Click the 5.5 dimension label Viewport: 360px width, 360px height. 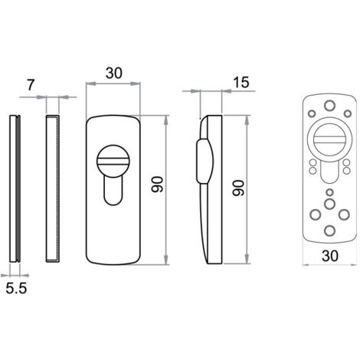(x=16, y=288)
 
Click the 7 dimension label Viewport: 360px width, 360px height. (x=30, y=85)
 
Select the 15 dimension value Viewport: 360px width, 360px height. (x=241, y=82)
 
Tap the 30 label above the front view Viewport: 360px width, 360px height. (x=114, y=73)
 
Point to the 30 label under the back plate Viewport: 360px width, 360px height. (x=330, y=256)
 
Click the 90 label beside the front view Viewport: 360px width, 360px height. (x=157, y=184)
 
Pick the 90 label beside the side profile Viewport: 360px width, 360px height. (x=238, y=188)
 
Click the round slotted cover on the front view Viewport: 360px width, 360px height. (x=113, y=161)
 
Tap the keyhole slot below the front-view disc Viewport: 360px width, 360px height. (x=113, y=191)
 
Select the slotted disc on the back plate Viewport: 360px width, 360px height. (x=329, y=139)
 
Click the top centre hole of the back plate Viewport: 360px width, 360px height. (x=329, y=105)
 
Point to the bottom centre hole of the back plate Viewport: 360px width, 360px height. (x=329, y=231)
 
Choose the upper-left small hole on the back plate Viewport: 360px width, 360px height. (x=312, y=113)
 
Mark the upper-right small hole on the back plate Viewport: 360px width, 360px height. (x=348, y=113)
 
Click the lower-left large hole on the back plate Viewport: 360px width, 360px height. (x=316, y=214)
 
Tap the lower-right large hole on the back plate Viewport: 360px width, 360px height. (x=344, y=214)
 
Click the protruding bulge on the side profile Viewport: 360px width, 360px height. (x=205, y=161)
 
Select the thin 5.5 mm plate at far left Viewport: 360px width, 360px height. (x=15, y=188)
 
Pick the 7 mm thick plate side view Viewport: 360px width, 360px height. (x=53, y=188)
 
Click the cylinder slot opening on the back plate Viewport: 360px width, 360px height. (x=329, y=172)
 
